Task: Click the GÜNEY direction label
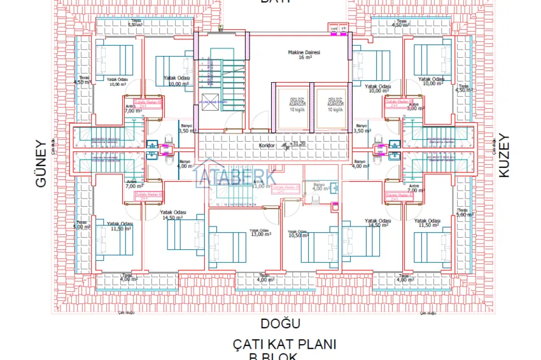[x=41, y=163]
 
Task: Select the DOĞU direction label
[x=280, y=324]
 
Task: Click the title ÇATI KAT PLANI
[x=284, y=345]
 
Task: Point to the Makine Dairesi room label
[x=304, y=52]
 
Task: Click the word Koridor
[x=267, y=146]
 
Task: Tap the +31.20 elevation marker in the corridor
[x=297, y=144]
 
